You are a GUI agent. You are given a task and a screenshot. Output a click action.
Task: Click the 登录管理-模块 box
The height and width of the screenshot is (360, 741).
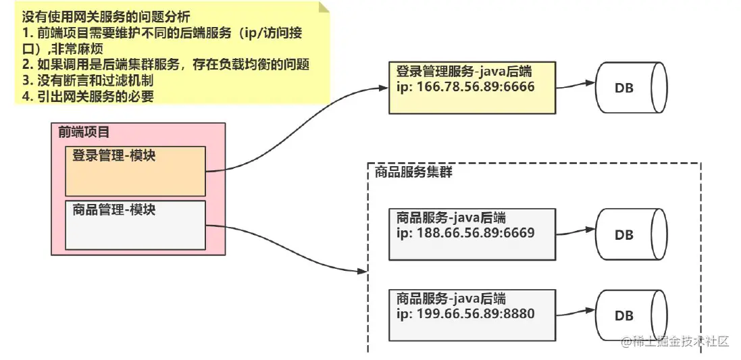tap(135, 171)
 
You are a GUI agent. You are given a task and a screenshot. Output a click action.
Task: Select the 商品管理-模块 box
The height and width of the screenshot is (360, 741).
tap(135, 224)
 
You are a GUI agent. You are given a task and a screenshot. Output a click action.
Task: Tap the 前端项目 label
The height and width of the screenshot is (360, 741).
tap(84, 132)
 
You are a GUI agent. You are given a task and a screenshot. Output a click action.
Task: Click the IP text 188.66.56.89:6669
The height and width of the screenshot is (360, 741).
tap(465, 233)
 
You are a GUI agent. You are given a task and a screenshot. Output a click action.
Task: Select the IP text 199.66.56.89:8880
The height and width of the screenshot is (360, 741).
tap(465, 313)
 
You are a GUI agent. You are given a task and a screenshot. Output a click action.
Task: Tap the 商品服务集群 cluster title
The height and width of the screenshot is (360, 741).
tap(413, 172)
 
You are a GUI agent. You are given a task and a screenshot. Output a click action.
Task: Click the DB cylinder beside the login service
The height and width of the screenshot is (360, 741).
tap(630, 88)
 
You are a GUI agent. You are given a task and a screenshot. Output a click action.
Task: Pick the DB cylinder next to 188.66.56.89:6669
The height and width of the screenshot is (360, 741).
tap(630, 235)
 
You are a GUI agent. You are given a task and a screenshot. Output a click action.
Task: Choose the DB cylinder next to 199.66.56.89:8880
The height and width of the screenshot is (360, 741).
tap(630, 315)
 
